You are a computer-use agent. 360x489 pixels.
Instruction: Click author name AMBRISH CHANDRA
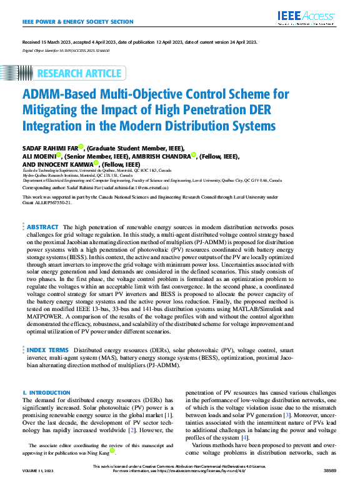coord(161,156)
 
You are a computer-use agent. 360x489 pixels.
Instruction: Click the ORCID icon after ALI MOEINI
coord(58,156)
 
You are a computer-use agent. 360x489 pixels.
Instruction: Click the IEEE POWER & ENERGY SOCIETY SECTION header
coord(78,22)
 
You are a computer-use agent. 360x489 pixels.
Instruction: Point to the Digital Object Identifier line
coord(66,49)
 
